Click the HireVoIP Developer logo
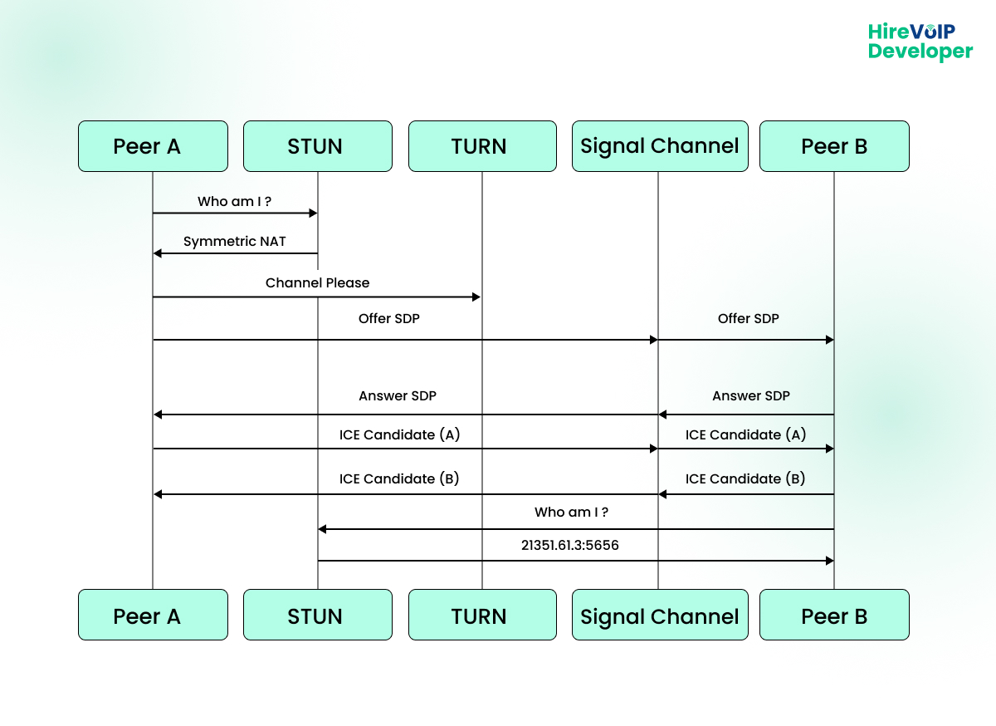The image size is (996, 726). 920,42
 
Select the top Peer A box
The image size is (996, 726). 153,146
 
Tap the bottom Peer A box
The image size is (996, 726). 153,616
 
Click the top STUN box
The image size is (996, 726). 317,146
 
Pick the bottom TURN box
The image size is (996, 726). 481,616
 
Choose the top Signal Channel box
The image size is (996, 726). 659,146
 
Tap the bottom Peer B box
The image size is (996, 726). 834,616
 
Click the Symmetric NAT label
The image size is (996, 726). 234,242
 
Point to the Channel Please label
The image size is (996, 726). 317,283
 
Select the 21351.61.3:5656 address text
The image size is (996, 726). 570,546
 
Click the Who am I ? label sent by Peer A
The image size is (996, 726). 234,202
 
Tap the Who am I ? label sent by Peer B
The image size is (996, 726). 571,513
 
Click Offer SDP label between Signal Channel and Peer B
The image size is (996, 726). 748,319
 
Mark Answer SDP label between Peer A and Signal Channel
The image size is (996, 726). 398,396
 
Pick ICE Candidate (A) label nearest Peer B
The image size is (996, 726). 745,434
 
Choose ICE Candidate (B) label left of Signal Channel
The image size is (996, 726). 399,479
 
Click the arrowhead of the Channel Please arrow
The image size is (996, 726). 477,297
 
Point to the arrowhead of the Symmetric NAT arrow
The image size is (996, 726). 158,253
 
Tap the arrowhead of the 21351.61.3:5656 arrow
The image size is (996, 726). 829,561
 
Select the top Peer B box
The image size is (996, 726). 834,146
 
